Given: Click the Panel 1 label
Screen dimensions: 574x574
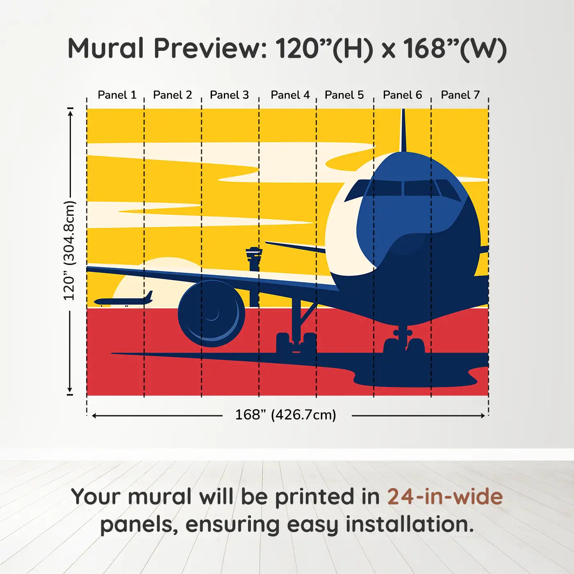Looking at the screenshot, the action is pos(117,95).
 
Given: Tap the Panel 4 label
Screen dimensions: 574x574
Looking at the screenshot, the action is pos(290,95).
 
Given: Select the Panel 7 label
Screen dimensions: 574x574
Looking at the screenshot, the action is pos(460,95).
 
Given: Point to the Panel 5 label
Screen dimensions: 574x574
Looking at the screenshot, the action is pos(344,95).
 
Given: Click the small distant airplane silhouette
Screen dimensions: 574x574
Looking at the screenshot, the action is pos(123,299).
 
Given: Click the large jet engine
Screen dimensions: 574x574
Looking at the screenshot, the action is pos(211,314).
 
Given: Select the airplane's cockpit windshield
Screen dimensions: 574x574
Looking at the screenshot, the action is pos(403,188).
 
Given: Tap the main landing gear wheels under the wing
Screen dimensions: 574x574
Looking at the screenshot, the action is pos(296,342).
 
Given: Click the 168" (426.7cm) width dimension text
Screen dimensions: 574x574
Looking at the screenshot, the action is pos(286,415).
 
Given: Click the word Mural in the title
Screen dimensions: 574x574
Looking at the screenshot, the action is pos(106,48).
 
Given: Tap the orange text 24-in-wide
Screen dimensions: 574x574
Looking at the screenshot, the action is pos(445,497).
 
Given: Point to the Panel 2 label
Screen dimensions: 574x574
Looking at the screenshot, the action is pos(173,95).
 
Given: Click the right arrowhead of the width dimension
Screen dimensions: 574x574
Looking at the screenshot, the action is pos(483,415).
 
